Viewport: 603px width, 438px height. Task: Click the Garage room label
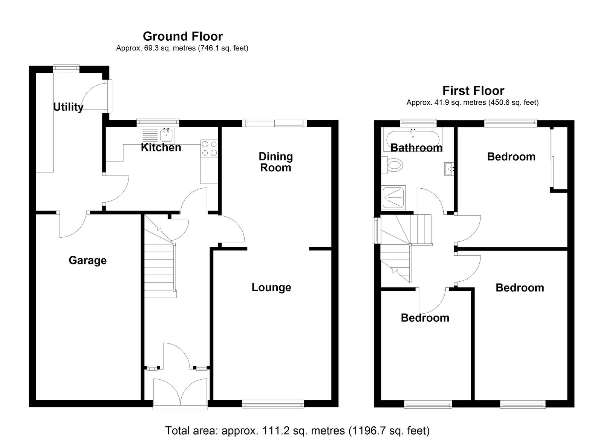pos(87,261)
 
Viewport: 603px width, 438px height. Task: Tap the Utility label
pos(68,107)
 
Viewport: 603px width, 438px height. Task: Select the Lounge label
pos(271,287)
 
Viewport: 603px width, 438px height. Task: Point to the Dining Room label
pos(275,162)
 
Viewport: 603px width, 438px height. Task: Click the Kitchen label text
pos(161,147)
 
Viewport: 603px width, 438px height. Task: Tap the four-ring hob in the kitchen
pos(209,148)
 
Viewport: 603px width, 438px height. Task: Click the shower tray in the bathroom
pos(393,198)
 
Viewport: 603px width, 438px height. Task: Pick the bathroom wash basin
pos(449,169)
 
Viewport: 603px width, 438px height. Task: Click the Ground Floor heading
pos(183,36)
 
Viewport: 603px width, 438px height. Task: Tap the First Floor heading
pos(473,91)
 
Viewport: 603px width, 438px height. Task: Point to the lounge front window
pos(273,404)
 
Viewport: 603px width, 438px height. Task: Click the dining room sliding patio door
pos(275,123)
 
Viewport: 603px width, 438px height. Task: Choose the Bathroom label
pos(416,148)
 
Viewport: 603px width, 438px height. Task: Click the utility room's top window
pos(66,69)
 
